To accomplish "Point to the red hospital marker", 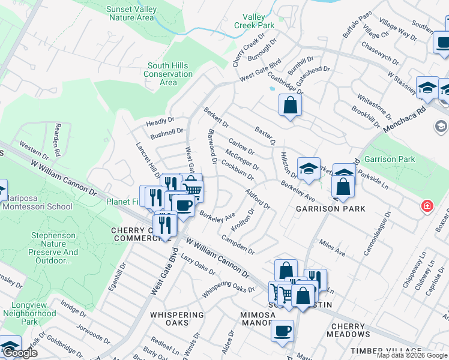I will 427,206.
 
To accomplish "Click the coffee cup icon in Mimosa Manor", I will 282,331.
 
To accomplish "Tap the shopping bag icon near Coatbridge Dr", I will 290,106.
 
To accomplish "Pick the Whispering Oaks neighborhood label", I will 177,319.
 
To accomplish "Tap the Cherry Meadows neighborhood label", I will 348,330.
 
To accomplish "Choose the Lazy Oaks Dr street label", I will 198,264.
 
